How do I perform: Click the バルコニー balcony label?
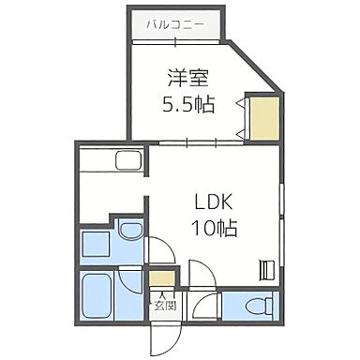pos(175,23)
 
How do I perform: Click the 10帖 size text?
pos(215,228)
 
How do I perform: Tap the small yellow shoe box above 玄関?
pos(163,279)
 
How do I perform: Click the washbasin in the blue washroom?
pos(130,231)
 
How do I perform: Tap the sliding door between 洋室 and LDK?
pos(197,142)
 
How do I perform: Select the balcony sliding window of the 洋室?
pos(174,41)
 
